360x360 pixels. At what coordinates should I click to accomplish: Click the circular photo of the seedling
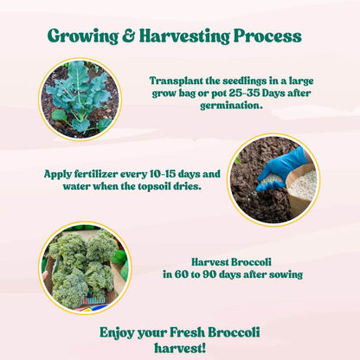[x=79, y=99]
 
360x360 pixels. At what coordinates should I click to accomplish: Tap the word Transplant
[x=180, y=80]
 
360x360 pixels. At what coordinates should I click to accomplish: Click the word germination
[x=218, y=106]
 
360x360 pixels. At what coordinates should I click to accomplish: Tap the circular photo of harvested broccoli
[x=83, y=268]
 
